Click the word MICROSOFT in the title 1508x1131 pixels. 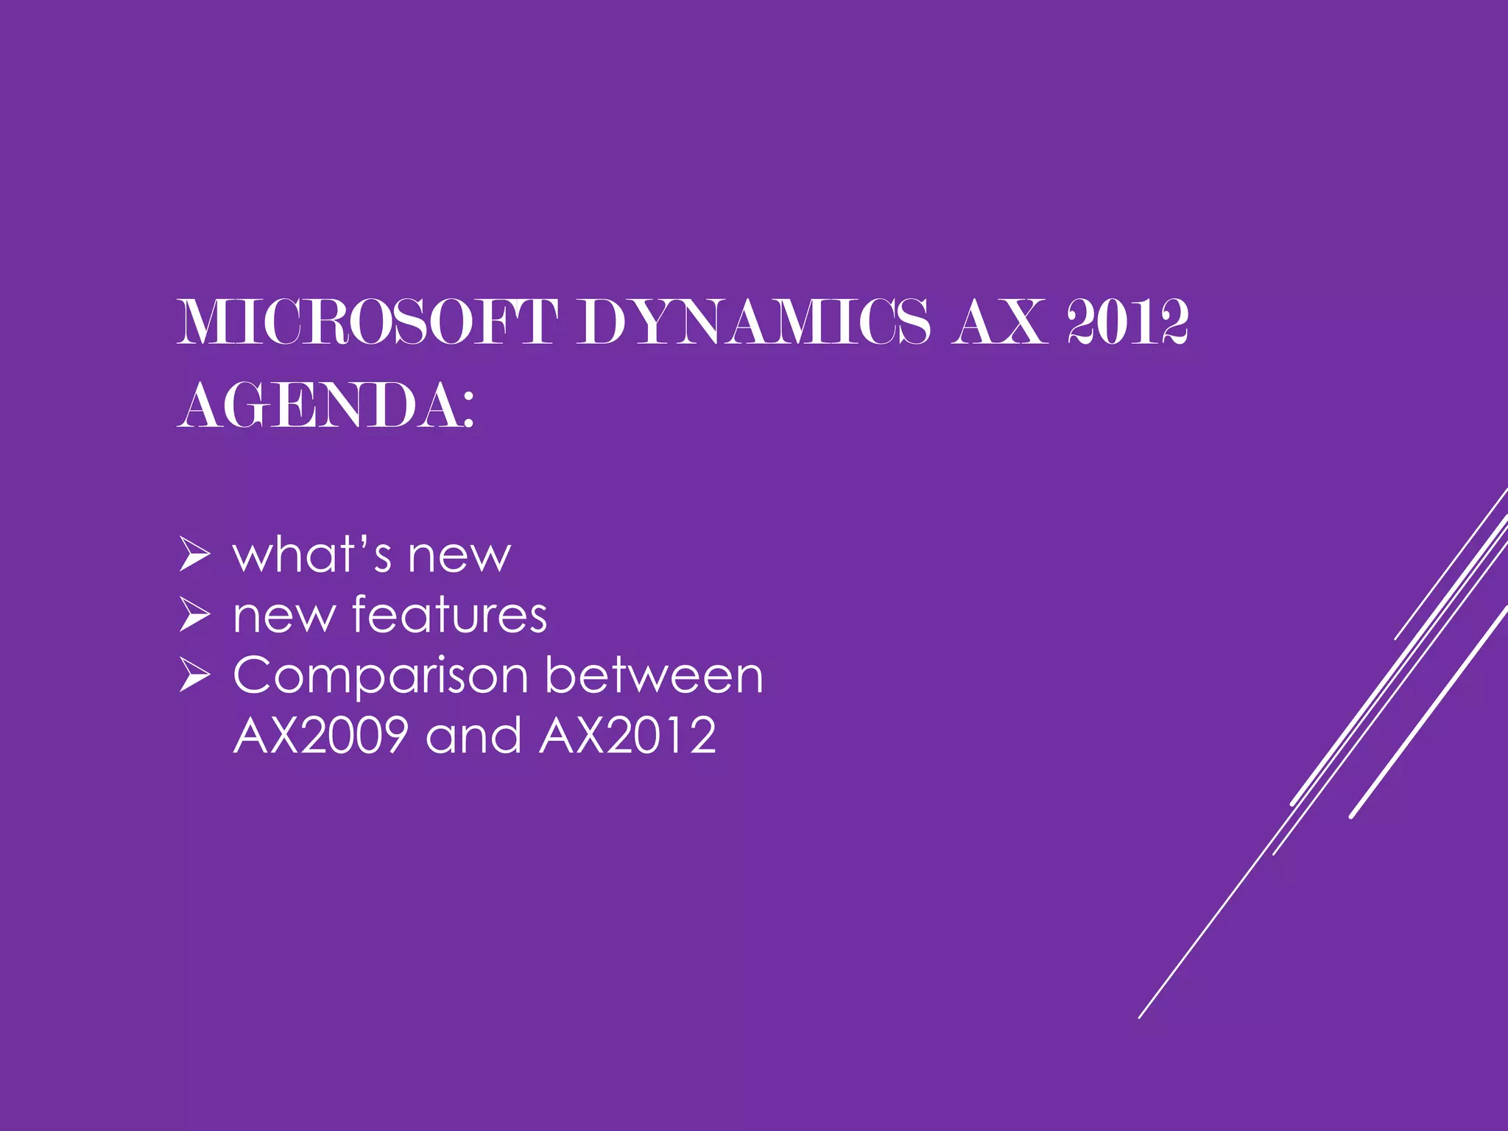pos(367,322)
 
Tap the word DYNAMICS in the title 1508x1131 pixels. pos(753,322)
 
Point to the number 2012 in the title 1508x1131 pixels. pos(1128,322)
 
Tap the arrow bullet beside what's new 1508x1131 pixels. pos(194,555)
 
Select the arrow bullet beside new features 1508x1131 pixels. pos(194,616)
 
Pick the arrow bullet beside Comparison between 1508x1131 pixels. pos(194,676)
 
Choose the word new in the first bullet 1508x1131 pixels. pos(459,556)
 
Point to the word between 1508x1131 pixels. pos(654,675)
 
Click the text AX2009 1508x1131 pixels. pos(321,735)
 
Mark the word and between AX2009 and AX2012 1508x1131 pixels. pos(473,735)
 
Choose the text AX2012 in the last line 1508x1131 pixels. pos(627,735)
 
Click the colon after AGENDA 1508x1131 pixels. pos(468,410)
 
